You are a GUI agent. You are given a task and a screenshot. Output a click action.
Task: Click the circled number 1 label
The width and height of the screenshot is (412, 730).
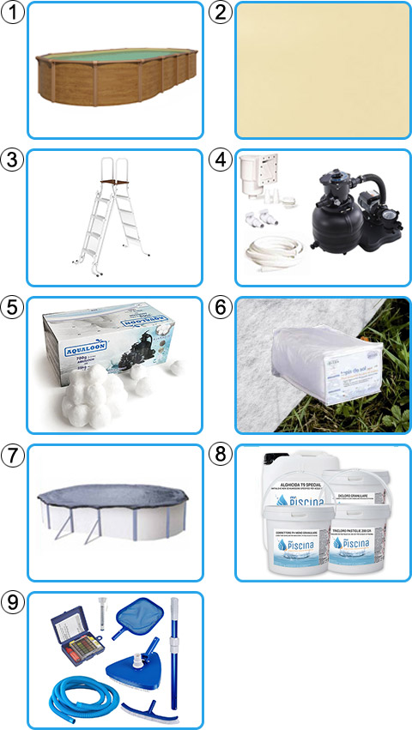tap(11, 11)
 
